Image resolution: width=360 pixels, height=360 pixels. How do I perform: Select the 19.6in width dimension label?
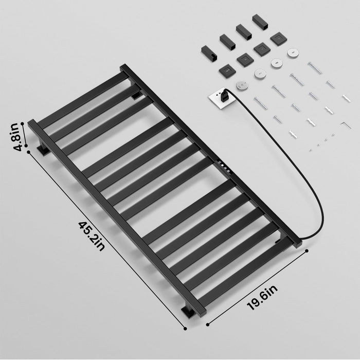262,298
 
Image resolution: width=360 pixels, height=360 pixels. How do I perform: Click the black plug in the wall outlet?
224,95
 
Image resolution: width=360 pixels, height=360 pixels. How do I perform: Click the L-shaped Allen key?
346,125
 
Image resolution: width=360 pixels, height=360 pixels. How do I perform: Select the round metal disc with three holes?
242,86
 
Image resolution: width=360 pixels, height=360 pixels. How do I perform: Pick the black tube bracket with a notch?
208,54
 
